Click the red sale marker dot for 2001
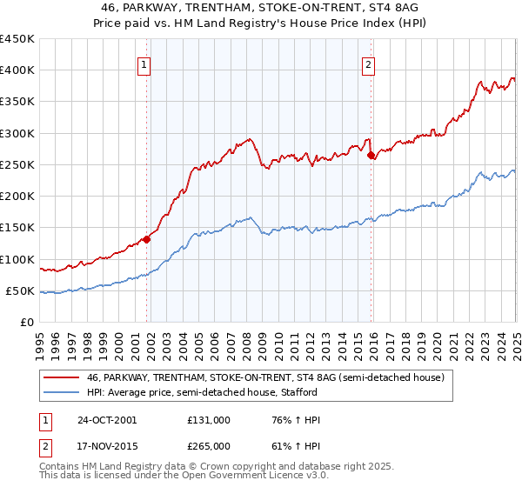pos(147,239)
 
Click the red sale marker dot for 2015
pos(371,156)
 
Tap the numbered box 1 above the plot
pos(143,63)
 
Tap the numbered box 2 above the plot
pos(369,63)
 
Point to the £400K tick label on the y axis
pos(17,70)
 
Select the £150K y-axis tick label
pos(17,228)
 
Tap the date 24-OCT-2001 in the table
pos(107,420)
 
